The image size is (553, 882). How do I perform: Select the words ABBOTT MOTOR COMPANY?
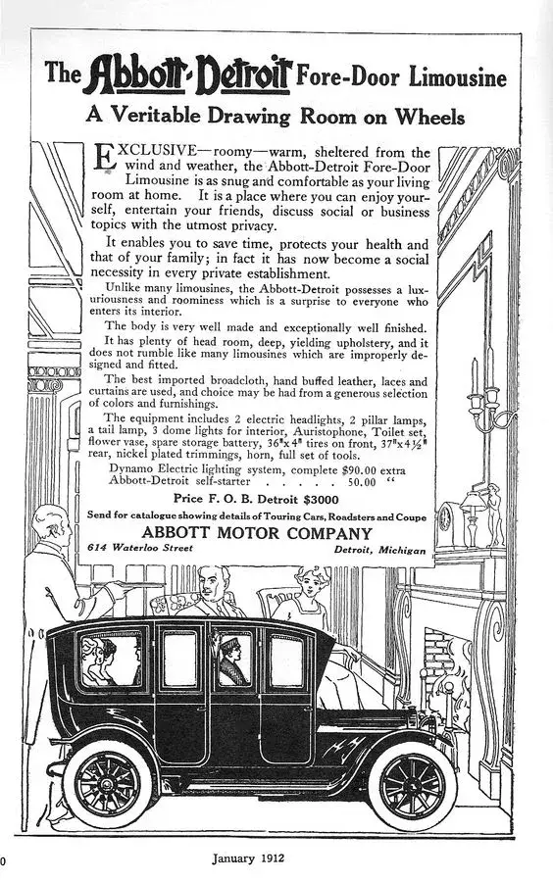coord(257,534)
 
